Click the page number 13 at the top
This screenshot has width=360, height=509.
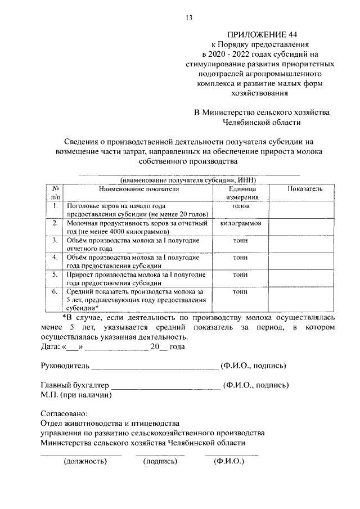189,18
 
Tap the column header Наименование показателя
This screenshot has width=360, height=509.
138,190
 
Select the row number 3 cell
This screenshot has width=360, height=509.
55,240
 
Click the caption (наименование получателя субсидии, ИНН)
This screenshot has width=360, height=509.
188,179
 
